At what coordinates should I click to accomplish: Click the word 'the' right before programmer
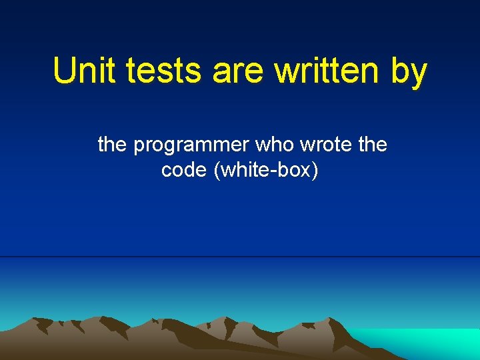tap(113, 144)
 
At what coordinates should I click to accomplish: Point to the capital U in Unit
tap(65, 71)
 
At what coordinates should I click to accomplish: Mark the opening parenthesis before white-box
tap(217, 171)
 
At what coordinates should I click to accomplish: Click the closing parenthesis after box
tap(315, 171)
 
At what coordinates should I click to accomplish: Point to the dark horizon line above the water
tap(240, 257)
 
